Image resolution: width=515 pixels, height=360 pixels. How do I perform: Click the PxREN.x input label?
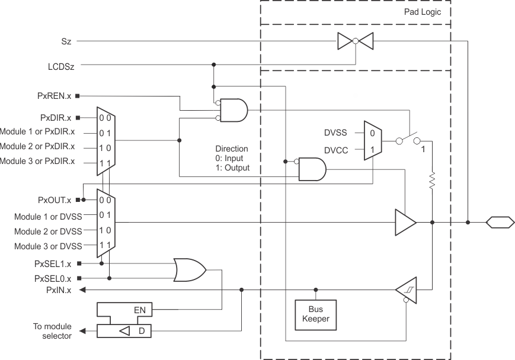coord(55,95)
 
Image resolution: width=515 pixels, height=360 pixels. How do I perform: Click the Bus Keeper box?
coord(315,314)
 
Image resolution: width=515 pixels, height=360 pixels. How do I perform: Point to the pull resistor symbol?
coord(433,179)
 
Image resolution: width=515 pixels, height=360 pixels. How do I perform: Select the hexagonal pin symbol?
coord(499,223)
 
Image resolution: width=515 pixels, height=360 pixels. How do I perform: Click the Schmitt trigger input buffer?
coord(405,290)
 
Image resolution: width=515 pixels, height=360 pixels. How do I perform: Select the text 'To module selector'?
coord(53,331)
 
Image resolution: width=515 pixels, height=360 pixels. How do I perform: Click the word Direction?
coord(232,149)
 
